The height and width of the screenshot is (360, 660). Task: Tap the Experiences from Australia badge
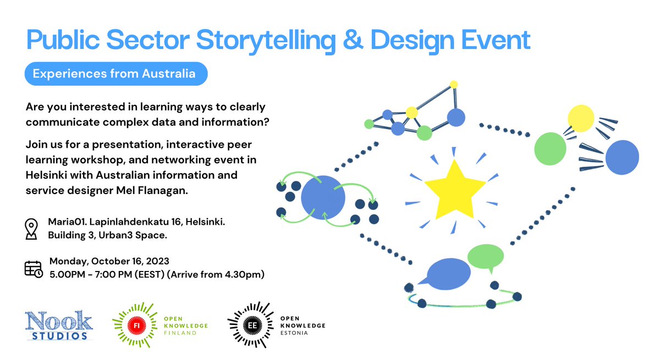(114, 74)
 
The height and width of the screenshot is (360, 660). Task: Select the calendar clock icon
(33, 268)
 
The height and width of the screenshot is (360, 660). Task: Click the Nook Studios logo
(59, 325)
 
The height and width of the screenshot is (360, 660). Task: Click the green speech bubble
(485, 256)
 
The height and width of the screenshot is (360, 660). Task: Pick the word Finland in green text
(180, 333)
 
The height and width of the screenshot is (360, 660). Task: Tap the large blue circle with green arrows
(323, 198)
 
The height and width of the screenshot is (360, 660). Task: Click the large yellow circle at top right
(580, 119)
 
